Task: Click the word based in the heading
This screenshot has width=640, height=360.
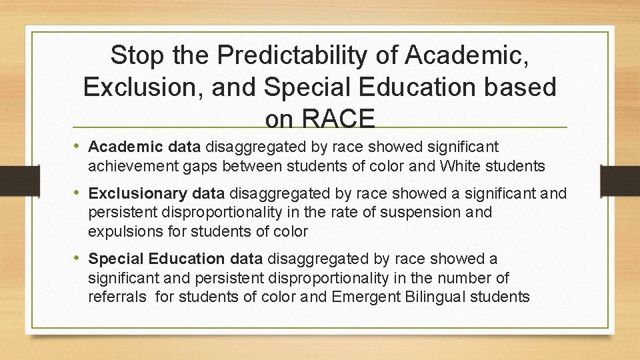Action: (521, 87)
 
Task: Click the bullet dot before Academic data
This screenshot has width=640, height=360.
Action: (79, 146)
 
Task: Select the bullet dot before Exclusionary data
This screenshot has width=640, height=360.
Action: (79, 194)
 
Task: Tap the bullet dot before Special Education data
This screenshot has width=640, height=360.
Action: (79, 258)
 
